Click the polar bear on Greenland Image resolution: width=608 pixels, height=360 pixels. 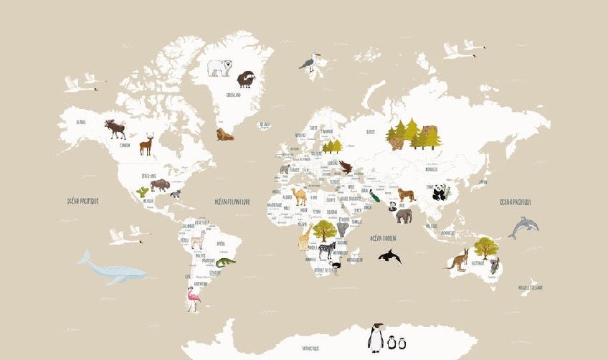point(220,67)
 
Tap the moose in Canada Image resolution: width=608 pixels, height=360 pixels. point(115,129)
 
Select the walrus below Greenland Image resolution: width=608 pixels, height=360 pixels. point(225,134)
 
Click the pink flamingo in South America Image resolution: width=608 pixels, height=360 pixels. point(192,298)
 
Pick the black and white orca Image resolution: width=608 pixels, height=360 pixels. point(389,256)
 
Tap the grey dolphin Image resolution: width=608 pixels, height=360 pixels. point(523,227)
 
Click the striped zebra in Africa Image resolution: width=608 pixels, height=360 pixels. point(326,250)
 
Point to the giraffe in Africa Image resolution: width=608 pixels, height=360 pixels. point(304,237)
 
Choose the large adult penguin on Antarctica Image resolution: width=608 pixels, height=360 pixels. point(376,337)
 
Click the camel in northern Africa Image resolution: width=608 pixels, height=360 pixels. point(299,196)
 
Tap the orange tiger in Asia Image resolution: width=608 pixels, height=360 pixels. point(406,195)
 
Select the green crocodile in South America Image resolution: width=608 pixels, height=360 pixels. point(225,262)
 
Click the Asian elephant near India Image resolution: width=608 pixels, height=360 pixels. point(404,215)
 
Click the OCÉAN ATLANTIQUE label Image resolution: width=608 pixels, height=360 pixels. point(232,202)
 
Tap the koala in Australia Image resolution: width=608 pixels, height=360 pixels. point(494,265)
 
